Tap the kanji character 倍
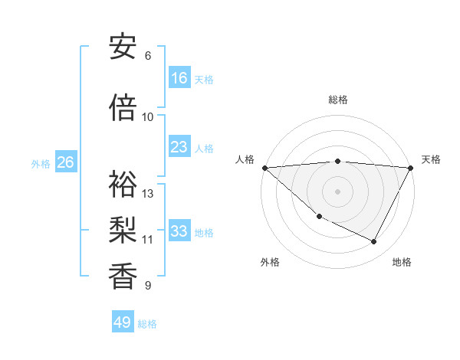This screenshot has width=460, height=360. [x=123, y=108]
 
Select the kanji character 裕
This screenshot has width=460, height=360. [x=123, y=184]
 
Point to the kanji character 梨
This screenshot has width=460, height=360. [x=123, y=230]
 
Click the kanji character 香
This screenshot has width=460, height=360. [x=123, y=277]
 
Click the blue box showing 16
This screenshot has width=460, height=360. [x=179, y=78]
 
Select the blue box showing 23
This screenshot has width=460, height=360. [x=179, y=147]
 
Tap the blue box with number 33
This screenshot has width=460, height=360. [x=179, y=231]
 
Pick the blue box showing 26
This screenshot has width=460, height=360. [x=65, y=162]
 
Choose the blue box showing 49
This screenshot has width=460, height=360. [x=123, y=322]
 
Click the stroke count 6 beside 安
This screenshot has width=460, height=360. [x=148, y=56]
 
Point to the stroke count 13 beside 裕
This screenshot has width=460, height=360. [x=148, y=193]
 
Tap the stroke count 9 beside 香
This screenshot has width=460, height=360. [x=148, y=286]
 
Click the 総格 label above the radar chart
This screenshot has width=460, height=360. [x=338, y=100]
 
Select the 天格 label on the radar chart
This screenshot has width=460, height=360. [x=431, y=159]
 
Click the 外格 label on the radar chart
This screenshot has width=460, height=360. [x=270, y=262]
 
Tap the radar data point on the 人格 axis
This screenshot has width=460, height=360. [x=264, y=168]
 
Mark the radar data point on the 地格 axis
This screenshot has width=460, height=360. [x=374, y=241]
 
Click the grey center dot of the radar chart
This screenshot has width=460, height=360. [x=337, y=191]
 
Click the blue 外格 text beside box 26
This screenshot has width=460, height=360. [x=41, y=163]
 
